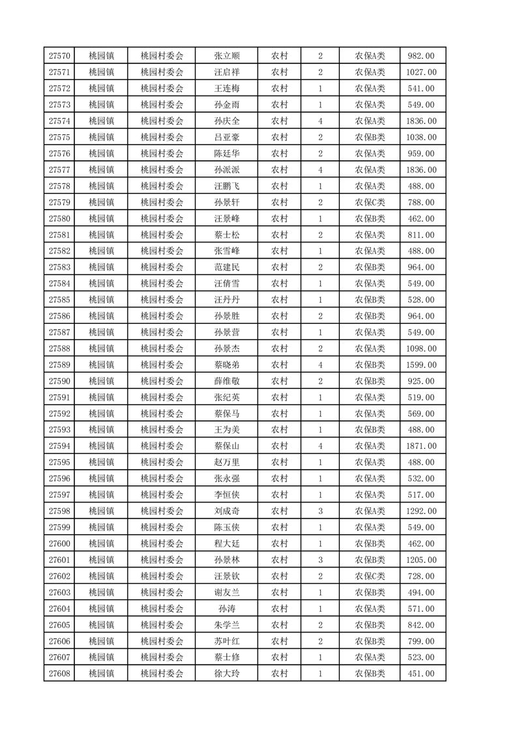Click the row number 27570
59,56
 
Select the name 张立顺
226,56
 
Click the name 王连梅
226,89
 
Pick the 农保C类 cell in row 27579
370,203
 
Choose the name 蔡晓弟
226,365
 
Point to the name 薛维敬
226,381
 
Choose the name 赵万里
226,463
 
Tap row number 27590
59,381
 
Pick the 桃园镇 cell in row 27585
101,300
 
